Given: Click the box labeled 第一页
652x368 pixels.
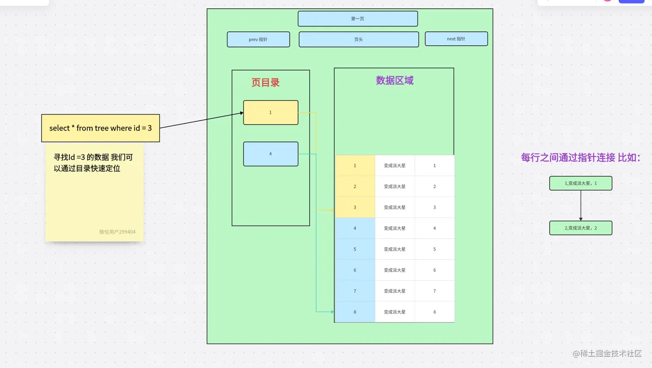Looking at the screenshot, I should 357,19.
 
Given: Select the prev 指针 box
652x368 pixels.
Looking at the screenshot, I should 258,39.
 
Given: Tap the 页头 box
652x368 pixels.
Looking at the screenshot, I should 358,39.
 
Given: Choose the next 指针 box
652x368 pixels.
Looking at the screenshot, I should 456,39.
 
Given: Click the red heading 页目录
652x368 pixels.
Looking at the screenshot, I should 266,82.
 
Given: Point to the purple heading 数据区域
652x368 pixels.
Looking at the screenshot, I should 395,81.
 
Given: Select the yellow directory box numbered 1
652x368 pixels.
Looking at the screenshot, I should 270,112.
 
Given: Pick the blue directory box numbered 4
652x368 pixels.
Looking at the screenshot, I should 270,154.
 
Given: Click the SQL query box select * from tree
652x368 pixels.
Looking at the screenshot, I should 100,128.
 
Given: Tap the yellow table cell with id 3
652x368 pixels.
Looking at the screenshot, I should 355,207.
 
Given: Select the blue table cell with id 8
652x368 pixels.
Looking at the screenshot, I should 355,312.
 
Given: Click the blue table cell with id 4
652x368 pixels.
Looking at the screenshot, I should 355,228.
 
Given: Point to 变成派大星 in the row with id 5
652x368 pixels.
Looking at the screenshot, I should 395,249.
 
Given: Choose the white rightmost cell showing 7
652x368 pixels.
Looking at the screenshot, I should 434,291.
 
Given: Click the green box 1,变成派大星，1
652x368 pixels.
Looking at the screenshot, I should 580,183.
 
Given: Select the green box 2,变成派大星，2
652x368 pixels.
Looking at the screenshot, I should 580,228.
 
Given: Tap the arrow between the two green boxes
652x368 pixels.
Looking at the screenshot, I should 581,206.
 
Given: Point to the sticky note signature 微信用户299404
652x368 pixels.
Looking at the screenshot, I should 117,232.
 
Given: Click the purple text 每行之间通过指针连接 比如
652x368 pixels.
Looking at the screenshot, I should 580,158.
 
